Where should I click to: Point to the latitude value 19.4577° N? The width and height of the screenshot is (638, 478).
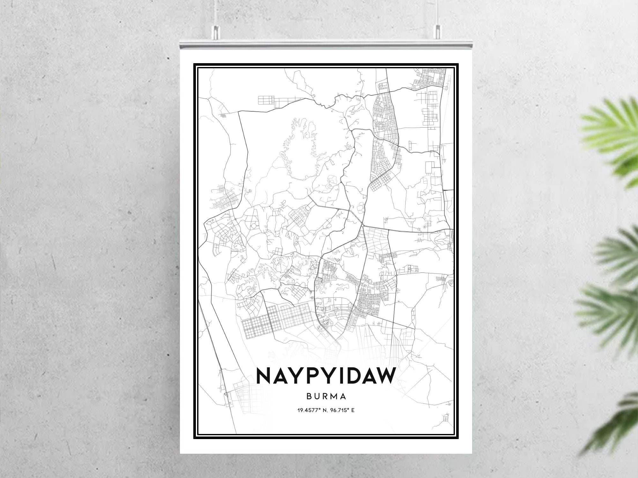(x=309, y=410)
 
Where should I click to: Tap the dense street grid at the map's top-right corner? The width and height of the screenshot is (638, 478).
(x=429, y=78)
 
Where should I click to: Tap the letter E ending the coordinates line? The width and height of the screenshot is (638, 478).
(x=353, y=410)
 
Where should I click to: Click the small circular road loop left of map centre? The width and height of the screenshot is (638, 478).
(x=253, y=226)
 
